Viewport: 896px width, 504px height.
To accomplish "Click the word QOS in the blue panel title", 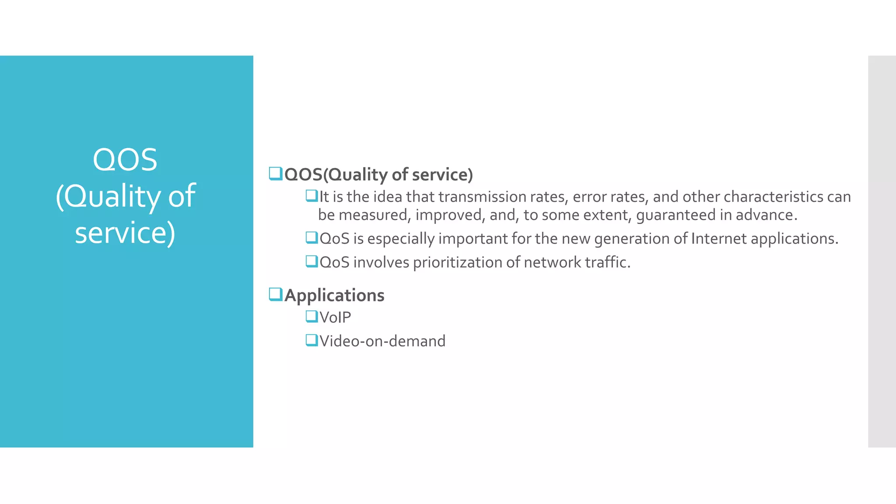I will pyautogui.click(x=125, y=160).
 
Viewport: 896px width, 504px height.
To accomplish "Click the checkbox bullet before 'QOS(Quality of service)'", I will pyautogui.click(x=276, y=174).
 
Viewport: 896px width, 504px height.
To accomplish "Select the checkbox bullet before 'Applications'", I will pyautogui.click(x=276, y=294).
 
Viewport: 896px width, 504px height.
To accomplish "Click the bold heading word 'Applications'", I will pyautogui.click(x=334, y=295).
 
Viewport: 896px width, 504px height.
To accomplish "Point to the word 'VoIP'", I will pyautogui.click(x=335, y=317).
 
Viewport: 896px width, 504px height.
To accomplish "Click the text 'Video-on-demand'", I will pyautogui.click(x=382, y=341).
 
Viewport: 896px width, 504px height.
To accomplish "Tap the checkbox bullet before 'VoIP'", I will pyautogui.click(x=311, y=316).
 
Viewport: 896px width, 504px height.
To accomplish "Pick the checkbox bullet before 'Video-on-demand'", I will pyautogui.click(x=311, y=340).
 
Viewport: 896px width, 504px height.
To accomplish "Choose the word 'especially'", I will pyautogui.click(x=401, y=239).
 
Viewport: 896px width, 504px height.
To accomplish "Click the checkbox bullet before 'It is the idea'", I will pyautogui.click(x=311, y=196).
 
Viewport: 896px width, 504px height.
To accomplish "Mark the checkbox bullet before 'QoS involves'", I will pyautogui.click(x=311, y=261).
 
